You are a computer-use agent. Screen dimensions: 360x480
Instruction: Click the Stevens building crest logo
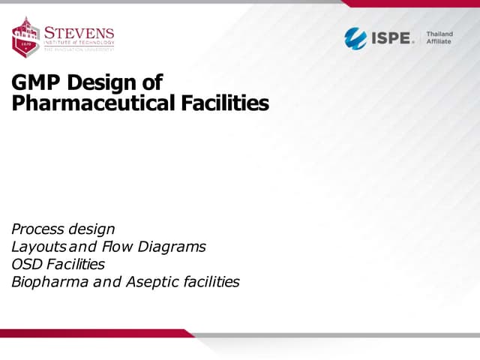click(x=25, y=36)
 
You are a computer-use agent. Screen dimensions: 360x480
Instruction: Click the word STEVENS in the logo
click(x=79, y=32)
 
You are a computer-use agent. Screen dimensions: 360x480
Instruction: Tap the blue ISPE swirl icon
click(x=355, y=38)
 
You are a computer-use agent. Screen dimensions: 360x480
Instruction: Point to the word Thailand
click(x=440, y=34)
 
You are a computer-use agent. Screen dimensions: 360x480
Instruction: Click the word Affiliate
click(x=439, y=42)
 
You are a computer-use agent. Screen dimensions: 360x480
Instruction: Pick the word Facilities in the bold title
click(x=224, y=103)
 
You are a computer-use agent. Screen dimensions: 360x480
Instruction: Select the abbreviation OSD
click(x=26, y=264)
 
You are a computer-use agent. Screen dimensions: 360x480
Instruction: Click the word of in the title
click(x=151, y=82)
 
